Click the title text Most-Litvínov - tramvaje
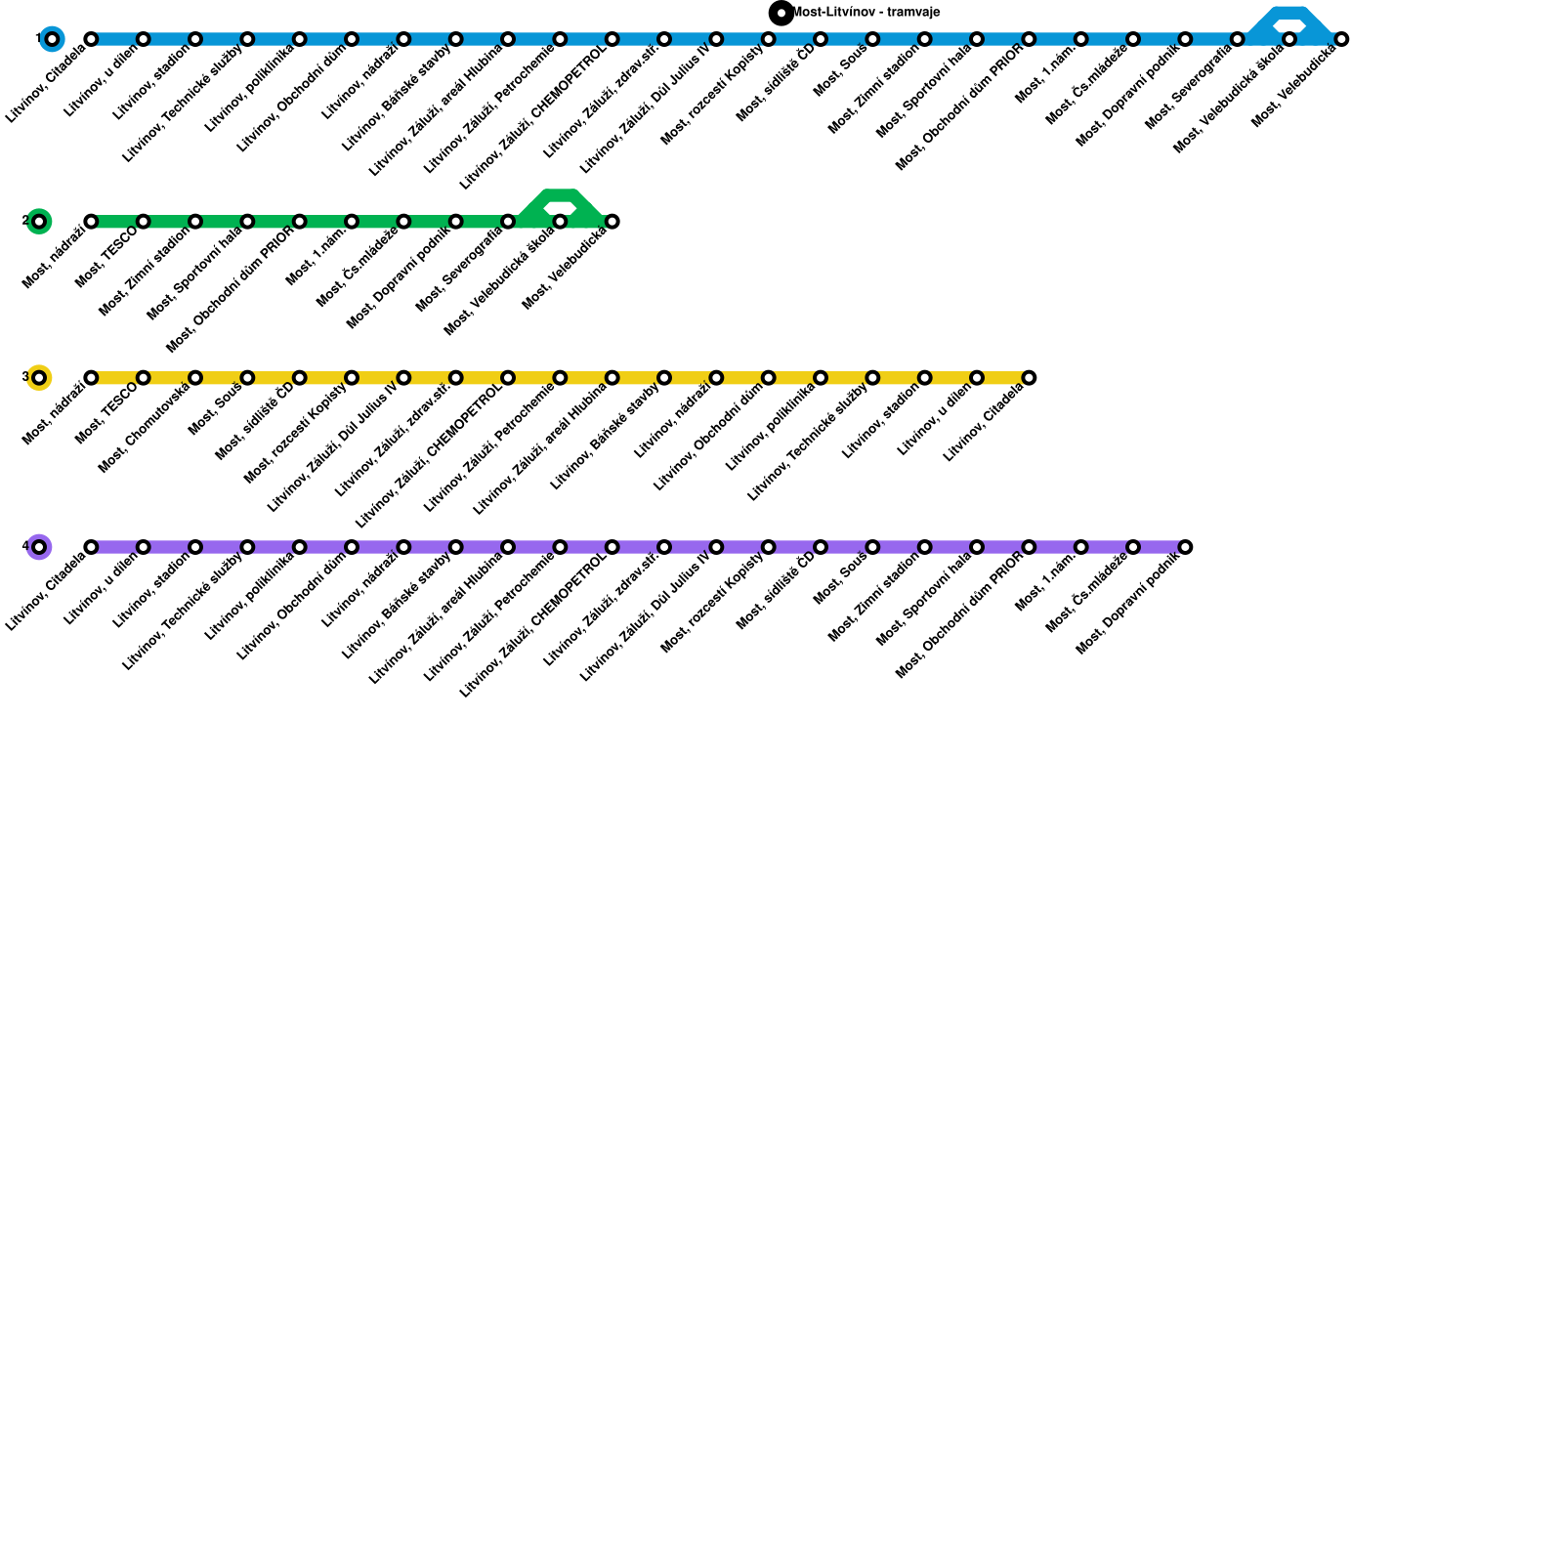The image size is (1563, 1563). tap(866, 13)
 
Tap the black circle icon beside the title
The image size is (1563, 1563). tap(781, 13)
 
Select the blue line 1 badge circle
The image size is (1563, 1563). tap(53, 39)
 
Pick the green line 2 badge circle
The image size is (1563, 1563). tap(39, 222)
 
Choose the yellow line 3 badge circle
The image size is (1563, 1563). tap(39, 378)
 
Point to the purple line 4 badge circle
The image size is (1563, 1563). tap(39, 547)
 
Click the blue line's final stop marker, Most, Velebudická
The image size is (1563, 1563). tap(1341, 39)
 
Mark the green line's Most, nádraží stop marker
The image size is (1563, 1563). tap(91, 222)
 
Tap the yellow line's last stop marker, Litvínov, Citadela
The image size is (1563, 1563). tap(1029, 378)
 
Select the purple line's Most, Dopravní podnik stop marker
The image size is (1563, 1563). tap(1185, 547)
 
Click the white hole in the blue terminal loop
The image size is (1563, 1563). tap(1289, 24)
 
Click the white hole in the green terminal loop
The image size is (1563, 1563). tap(560, 207)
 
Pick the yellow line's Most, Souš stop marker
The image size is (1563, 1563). tap(247, 378)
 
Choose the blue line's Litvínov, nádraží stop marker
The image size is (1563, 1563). tap(403, 39)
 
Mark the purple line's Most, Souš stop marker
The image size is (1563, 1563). tap(872, 547)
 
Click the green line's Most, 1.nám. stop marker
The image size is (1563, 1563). tap(352, 222)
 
